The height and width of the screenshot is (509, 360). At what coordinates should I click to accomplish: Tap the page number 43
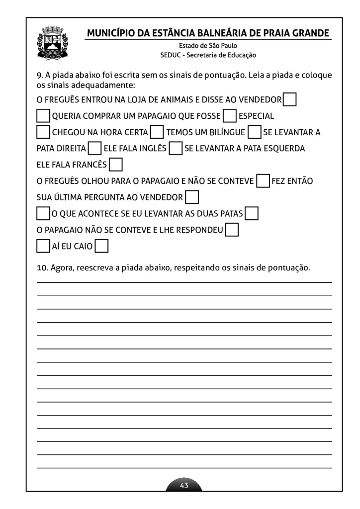(184, 486)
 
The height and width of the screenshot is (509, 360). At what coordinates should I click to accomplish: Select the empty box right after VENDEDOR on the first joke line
(290, 100)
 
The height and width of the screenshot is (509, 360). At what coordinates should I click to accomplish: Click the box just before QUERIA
(43, 116)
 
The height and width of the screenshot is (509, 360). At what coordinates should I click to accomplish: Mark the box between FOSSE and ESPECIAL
(230, 116)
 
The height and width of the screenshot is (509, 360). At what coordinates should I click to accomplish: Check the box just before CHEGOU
(43, 132)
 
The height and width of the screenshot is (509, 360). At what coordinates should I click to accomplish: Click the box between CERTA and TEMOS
(157, 132)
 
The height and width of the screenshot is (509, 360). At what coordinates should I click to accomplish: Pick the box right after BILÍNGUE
(254, 132)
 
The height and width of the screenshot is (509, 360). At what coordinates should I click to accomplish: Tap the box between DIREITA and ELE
(94, 148)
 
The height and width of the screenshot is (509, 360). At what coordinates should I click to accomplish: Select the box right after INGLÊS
(176, 148)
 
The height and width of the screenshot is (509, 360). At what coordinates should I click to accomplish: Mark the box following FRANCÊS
(115, 164)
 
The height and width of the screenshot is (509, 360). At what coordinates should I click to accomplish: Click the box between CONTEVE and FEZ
(263, 180)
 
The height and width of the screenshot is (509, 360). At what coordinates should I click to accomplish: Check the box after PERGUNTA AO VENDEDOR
(192, 197)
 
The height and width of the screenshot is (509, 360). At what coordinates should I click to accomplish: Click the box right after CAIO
(102, 246)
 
